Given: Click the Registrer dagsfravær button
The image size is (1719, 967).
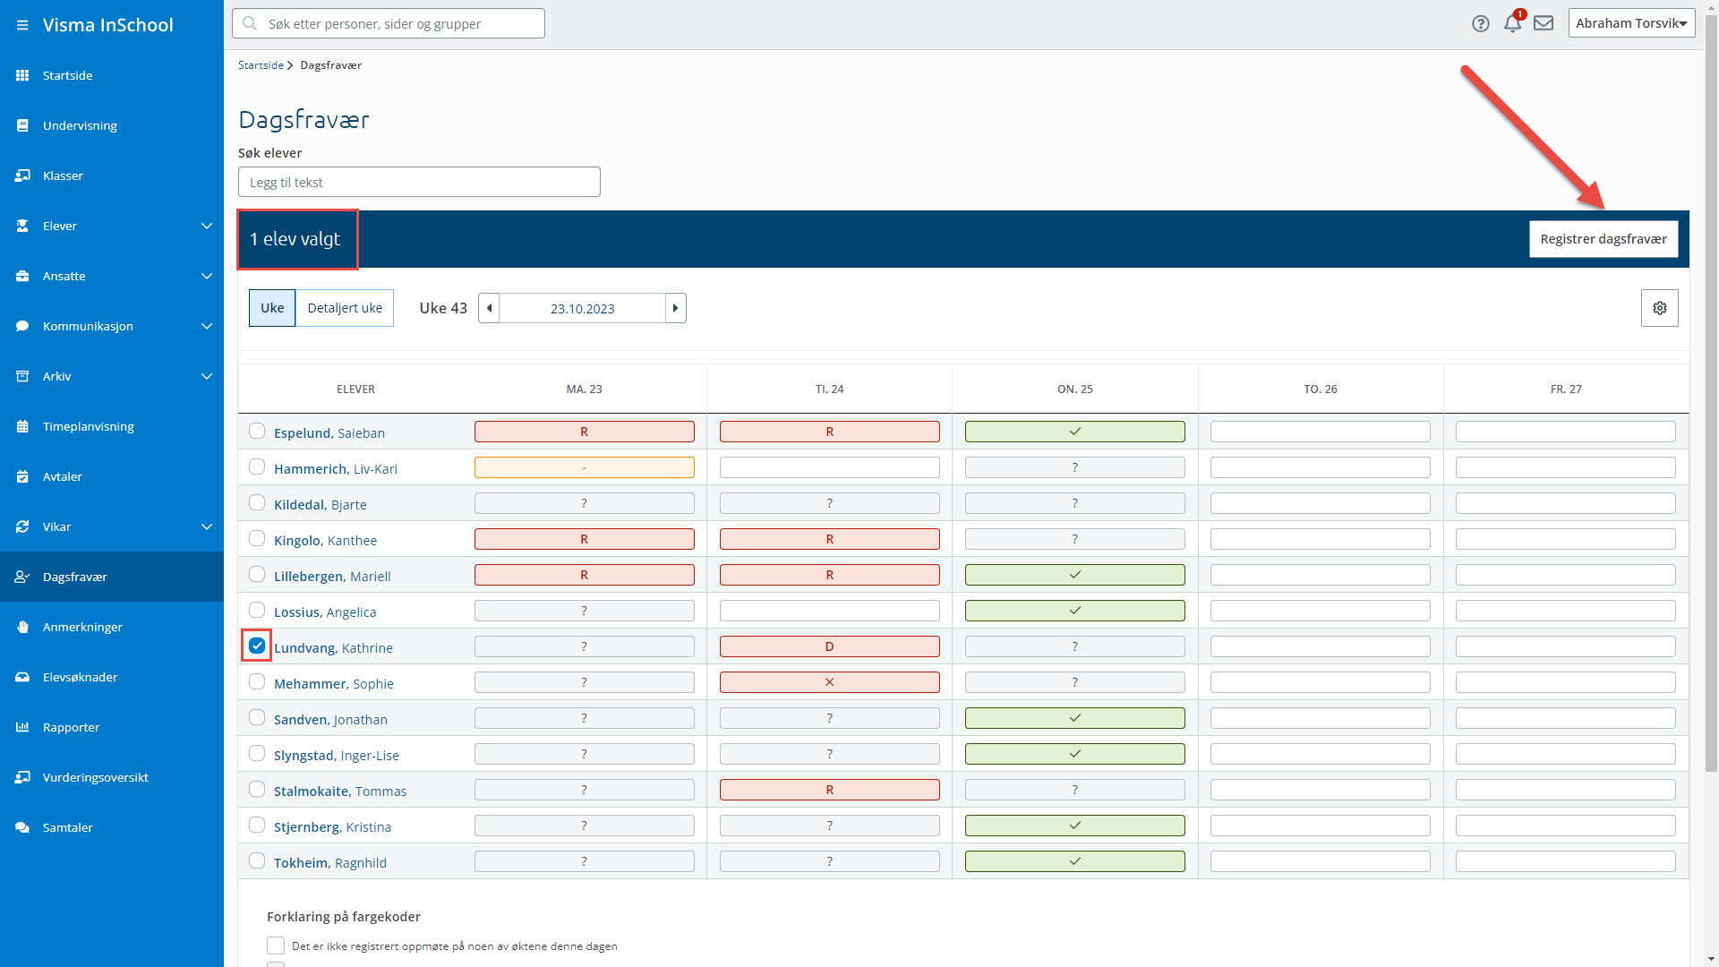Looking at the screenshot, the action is (x=1603, y=239).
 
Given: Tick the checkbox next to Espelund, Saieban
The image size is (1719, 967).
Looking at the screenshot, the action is (x=257, y=431).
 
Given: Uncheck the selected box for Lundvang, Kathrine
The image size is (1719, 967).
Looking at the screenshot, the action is (x=257, y=646).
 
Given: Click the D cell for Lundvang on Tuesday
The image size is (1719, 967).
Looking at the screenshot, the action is (x=829, y=646).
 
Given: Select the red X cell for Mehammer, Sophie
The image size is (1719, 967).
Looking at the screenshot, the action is (x=829, y=682).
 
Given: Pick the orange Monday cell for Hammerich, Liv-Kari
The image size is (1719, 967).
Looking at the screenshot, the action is (x=584, y=467).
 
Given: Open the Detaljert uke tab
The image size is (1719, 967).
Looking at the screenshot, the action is (x=345, y=308).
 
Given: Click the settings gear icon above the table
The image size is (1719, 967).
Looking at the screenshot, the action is (x=1659, y=308).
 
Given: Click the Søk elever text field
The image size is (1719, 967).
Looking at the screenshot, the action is (x=419, y=182).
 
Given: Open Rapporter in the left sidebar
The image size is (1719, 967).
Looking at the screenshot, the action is (x=71, y=727).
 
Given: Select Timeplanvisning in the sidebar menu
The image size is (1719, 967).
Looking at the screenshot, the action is (x=88, y=426).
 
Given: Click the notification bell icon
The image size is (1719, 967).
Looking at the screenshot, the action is (x=1512, y=23).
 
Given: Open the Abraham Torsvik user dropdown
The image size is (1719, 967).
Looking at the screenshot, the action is (x=1631, y=23).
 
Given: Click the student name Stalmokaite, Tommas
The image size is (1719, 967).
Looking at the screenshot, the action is (x=340, y=792).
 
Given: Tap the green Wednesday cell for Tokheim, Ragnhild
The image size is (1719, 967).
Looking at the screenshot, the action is (x=1074, y=861).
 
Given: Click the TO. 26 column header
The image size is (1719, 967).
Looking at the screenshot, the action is (x=1320, y=389).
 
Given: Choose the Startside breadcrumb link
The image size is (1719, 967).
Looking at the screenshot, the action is (x=261, y=65).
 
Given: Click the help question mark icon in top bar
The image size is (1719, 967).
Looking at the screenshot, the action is (x=1480, y=23).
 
